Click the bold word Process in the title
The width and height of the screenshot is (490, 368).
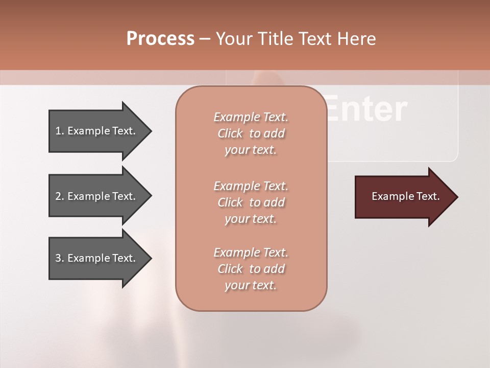click(x=160, y=39)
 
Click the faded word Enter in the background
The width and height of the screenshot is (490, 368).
click(x=366, y=109)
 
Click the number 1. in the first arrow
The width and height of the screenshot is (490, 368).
click(x=60, y=131)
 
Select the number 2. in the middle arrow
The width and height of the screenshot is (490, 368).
click(x=60, y=196)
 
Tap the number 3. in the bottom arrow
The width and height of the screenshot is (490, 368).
click(x=60, y=258)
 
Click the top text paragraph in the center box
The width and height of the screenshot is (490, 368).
click(x=251, y=133)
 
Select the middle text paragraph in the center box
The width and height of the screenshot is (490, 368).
click(x=251, y=202)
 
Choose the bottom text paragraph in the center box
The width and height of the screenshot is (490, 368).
click(x=251, y=269)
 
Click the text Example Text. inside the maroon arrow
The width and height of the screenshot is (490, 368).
click(x=406, y=196)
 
